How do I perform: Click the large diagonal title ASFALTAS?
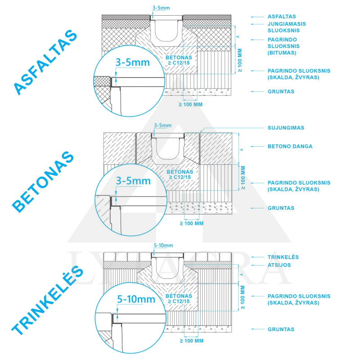[45, 62]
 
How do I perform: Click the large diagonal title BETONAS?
[43, 182]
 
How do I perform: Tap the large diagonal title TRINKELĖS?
[47, 300]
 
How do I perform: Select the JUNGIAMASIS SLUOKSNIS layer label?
[287, 27]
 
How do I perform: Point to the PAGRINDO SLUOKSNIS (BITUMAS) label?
[283, 46]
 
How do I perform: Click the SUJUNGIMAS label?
[286, 128]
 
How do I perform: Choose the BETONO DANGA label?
[290, 147]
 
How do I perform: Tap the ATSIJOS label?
[279, 265]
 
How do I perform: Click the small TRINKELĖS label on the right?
[283, 256]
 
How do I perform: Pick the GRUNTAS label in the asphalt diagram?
[281, 92]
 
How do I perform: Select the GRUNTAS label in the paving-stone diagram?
[281, 329]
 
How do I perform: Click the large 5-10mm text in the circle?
[136, 299]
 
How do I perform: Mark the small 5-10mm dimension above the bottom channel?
[163, 245]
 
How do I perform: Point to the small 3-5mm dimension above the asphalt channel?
[161, 8]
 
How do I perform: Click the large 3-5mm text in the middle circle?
[133, 181]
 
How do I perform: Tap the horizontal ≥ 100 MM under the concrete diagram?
[192, 223]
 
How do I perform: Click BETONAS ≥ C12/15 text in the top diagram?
[179, 60]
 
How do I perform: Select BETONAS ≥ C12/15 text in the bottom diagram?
[179, 299]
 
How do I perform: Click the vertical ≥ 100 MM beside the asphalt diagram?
[240, 60]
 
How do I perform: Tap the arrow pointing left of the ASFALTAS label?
[257, 17]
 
